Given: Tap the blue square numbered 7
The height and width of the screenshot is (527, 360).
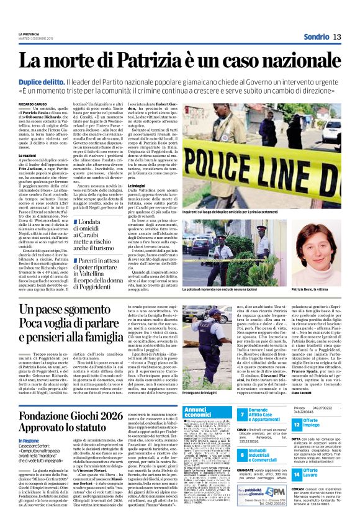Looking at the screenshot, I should (x=241, y=413).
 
